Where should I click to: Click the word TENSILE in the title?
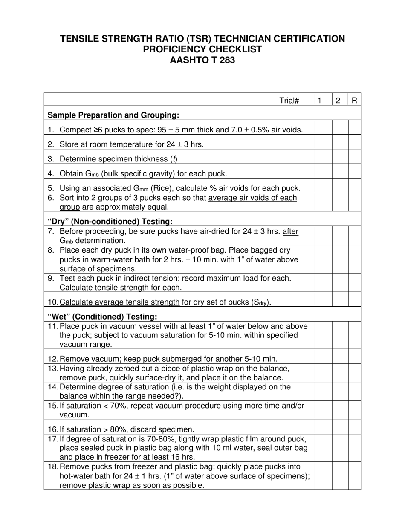pyautogui.click(x=80, y=39)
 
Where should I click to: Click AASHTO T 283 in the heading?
pyautogui.click(x=202, y=60)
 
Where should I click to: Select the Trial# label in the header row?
pyautogui.click(x=289, y=101)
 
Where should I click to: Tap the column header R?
pyautogui.click(x=354, y=101)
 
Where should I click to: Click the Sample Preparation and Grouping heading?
pyautogui.click(x=113, y=115)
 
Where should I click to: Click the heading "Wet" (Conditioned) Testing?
pyautogui.click(x=102, y=317)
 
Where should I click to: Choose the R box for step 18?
pyautogui.click(x=354, y=476)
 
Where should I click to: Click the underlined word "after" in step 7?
pyautogui.click(x=290, y=231)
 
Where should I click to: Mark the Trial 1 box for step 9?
pyautogui.click(x=323, y=283)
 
